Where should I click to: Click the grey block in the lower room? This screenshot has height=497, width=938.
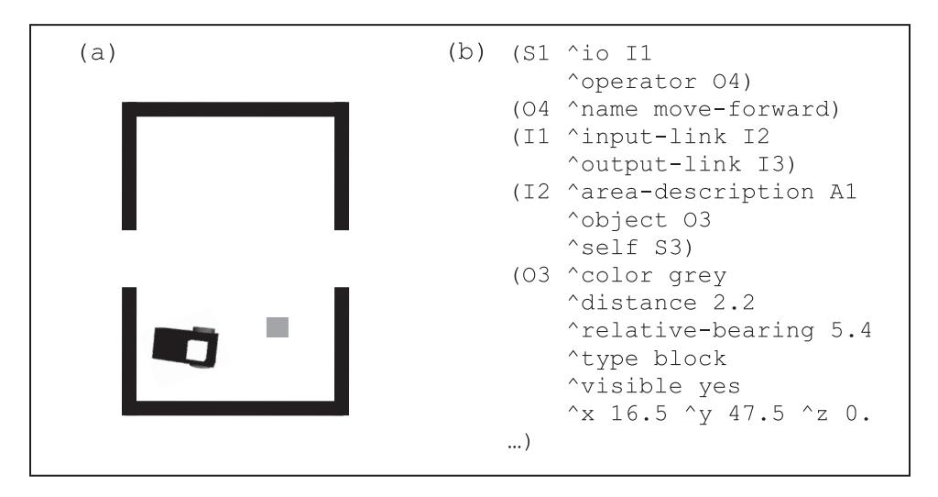click(x=278, y=327)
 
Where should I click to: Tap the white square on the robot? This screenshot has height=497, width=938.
click(x=198, y=351)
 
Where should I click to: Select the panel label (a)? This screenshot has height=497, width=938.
click(x=97, y=52)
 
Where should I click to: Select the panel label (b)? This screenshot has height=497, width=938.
click(x=466, y=52)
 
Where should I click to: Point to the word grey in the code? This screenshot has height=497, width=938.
click(x=697, y=276)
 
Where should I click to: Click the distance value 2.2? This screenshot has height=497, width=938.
click(x=734, y=303)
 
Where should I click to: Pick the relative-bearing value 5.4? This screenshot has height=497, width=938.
click(x=851, y=330)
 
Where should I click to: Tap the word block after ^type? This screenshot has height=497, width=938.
click(x=690, y=359)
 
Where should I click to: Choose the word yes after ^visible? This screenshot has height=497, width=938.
click(x=719, y=387)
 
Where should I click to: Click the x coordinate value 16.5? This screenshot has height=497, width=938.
click(x=638, y=414)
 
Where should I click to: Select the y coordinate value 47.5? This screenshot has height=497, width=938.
click(x=756, y=414)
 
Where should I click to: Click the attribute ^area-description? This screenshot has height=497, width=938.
click(x=691, y=193)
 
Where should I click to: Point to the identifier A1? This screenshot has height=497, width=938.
click(x=844, y=193)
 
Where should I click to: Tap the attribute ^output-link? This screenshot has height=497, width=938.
click(x=654, y=165)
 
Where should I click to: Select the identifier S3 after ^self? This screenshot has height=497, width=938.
click(x=669, y=248)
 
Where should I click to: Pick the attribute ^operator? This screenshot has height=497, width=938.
click(x=632, y=82)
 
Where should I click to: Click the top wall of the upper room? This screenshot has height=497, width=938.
click(x=235, y=109)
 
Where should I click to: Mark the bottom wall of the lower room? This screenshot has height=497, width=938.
click(x=235, y=408)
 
